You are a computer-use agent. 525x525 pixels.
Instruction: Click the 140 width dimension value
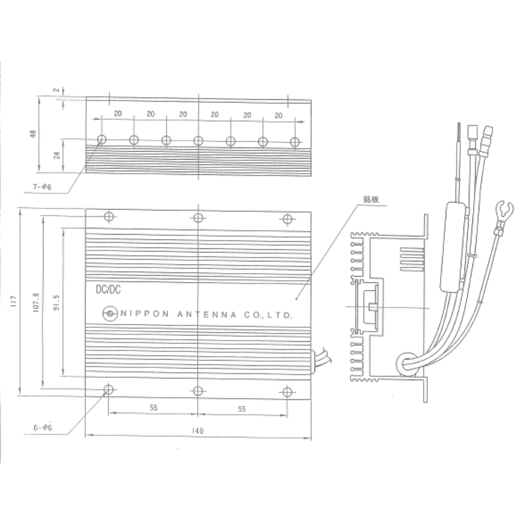(198, 430)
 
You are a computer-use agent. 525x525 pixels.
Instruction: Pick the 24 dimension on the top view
(57, 155)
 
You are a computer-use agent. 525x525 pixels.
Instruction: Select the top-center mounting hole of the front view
(198, 218)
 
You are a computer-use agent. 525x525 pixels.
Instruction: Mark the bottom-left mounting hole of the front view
(109, 390)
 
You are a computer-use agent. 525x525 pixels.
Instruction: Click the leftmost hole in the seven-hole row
(102, 139)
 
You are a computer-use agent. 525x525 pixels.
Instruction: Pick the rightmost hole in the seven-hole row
(296, 142)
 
